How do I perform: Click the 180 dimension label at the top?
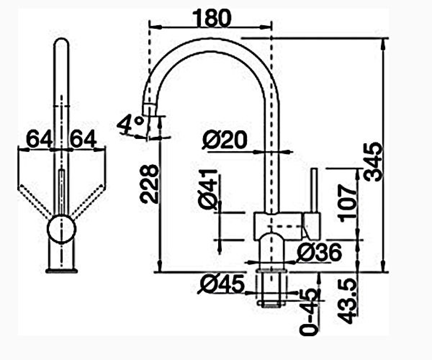pyautogui.click(x=211, y=19)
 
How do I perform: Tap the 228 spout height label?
pyautogui.click(x=149, y=184)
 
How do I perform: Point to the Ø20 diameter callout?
pyautogui.click(x=225, y=140)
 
